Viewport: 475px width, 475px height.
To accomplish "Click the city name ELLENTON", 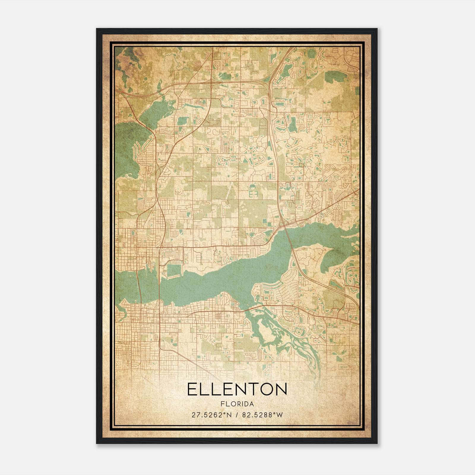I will (x=237, y=389).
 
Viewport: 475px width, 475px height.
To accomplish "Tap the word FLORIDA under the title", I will (x=237, y=404).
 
